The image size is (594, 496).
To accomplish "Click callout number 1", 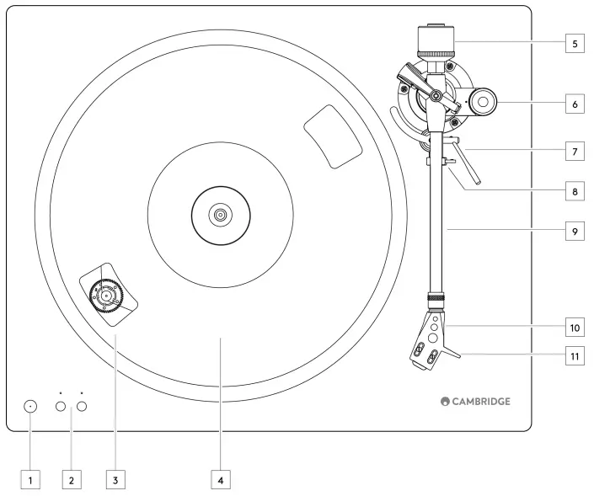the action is tap(30, 480).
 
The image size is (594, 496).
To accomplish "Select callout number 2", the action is tap(72, 480).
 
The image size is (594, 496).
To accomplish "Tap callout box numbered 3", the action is tap(116, 480).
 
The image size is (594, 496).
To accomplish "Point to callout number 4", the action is tap(220, 480).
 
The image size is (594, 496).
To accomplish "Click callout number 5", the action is tap(574, 43).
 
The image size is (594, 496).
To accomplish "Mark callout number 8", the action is tap(574, 191).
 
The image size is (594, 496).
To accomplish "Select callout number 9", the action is tap(574, 231).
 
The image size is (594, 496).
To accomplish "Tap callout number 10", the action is tap(574, 325).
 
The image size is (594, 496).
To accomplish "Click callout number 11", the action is tap(574, 355).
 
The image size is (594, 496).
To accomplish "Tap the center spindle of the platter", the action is tap(220, 215).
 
